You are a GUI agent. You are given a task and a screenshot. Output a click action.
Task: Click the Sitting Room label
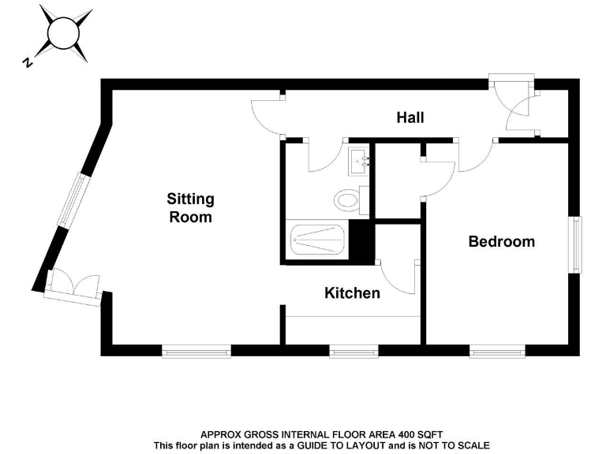point(190,207)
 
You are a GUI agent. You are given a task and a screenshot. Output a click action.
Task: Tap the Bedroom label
point(501,241)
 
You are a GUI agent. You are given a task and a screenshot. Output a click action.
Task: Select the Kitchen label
point(352,293)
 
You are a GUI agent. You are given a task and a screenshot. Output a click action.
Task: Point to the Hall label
point(410,117)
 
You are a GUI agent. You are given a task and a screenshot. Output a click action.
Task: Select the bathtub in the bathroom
point(317,240)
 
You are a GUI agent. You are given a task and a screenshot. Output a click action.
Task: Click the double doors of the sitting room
point(73,287)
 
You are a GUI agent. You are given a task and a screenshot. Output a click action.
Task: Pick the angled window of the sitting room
point(72,206)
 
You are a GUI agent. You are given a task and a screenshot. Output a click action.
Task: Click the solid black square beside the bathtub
point(361,241)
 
